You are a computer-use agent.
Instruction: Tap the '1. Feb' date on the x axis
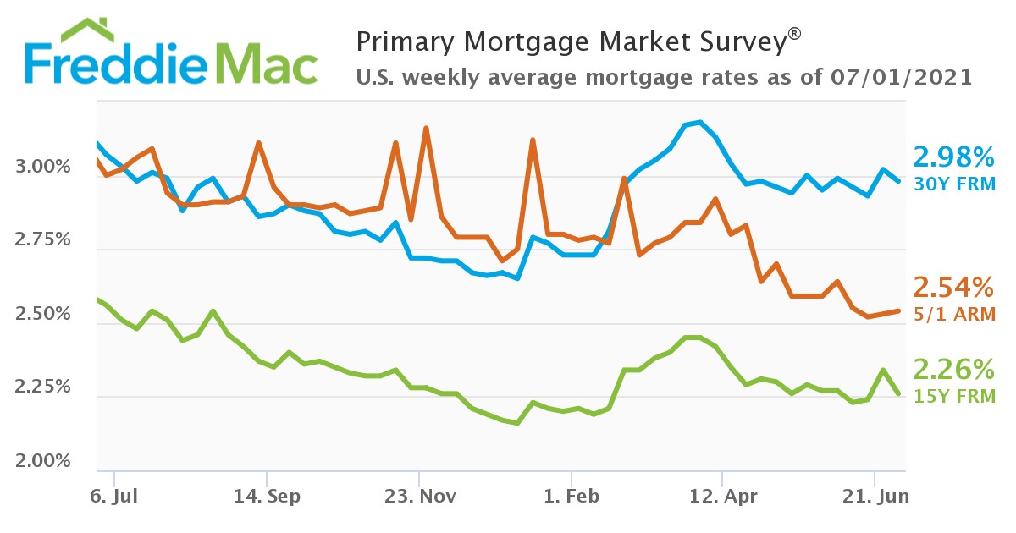pyautogui.click(x=571, y=496)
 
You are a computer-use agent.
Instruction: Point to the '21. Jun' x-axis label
pyautogui.click(x=874, y=496)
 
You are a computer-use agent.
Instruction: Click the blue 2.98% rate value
pyautogui.click(x=952, y=157)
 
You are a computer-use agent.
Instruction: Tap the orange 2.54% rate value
pyautogui.click(x=952, y=288)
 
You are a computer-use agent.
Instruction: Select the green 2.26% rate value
pyautogui.click(x=952, y=370)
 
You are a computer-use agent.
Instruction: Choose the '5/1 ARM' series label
pyautogui.click(x=952, y=314)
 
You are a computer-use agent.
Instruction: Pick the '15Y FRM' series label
pyautogui.click(x=952, y=395)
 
